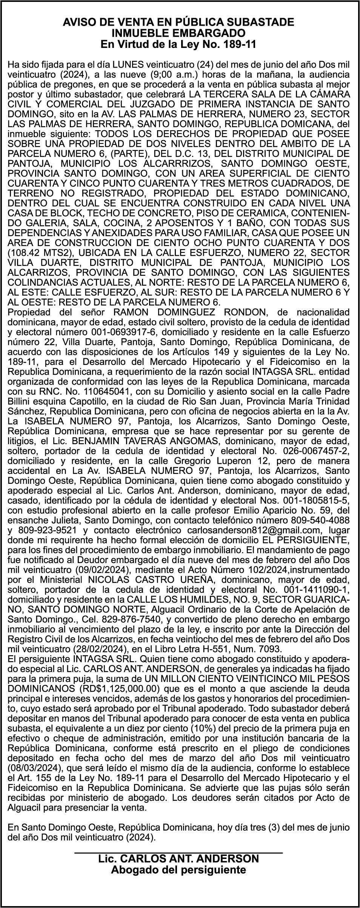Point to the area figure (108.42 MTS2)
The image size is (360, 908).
click(x=35, y=252)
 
